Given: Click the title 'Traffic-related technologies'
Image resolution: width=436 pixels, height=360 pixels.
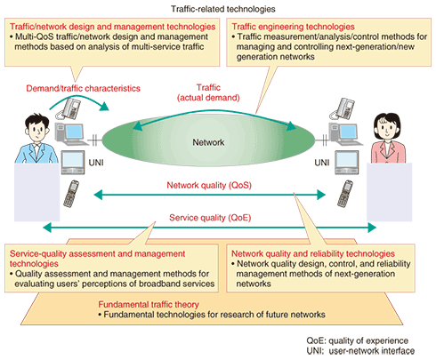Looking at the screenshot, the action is (x=223, y=9).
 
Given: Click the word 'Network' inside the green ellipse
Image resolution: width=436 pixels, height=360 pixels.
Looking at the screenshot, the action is (x=208, y=142).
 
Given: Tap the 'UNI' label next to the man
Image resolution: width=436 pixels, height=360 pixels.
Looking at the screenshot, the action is (x=96, y=163).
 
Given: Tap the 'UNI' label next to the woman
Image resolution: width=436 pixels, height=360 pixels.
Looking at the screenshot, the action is (x=322, y=163).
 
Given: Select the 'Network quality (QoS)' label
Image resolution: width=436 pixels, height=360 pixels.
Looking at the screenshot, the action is (x=209, y=185).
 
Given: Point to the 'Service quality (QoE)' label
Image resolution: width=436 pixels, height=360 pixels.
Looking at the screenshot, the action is (x=210, y=218).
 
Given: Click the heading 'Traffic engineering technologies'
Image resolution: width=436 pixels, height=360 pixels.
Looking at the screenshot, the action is (x=293, y=27).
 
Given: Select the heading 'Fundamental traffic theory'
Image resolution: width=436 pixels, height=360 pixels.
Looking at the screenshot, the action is (x=149, y=305).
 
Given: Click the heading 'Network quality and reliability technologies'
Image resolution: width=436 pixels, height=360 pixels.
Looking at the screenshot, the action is (x=313, y=253).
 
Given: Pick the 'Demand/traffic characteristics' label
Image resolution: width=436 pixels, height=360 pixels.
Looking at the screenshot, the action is (x=83, y=88).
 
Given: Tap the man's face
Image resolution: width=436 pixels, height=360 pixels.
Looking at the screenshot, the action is (x=37, y=131).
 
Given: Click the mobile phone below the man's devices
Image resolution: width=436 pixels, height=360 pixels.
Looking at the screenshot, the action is (x=70, y=194).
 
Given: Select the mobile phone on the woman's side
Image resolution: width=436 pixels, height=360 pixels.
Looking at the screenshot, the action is (x=345, y=194).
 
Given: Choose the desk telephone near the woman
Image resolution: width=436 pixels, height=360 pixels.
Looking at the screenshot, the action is (x=343, y=108).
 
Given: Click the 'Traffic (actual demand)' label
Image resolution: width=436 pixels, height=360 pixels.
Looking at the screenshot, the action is (x=208, y=92).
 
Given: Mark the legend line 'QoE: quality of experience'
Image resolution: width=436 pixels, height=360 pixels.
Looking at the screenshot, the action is (x=358, y=340).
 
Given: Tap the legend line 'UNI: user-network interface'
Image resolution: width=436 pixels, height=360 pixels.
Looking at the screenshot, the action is (x=360, y=351).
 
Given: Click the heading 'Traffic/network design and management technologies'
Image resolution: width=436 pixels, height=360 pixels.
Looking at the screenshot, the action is (x=113, y=27).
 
